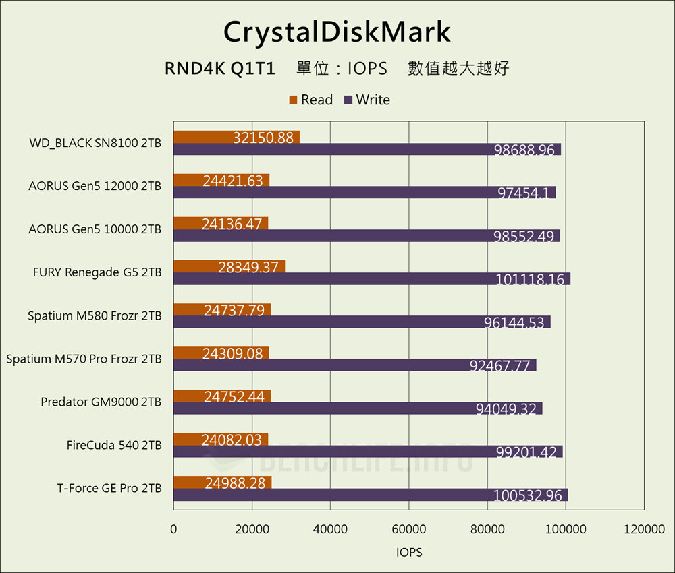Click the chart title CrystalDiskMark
point(337,31)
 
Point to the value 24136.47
point(231,223)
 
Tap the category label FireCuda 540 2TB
point(113,445)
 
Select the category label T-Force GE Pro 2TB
point(109,488)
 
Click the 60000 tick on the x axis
point(408,530)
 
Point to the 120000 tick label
point(643,530)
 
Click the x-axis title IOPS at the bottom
point(408,552)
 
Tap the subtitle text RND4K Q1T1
point(219,68)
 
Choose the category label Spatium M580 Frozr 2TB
point(94,315)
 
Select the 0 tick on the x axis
point(173,530)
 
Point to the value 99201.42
point(529,452)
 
